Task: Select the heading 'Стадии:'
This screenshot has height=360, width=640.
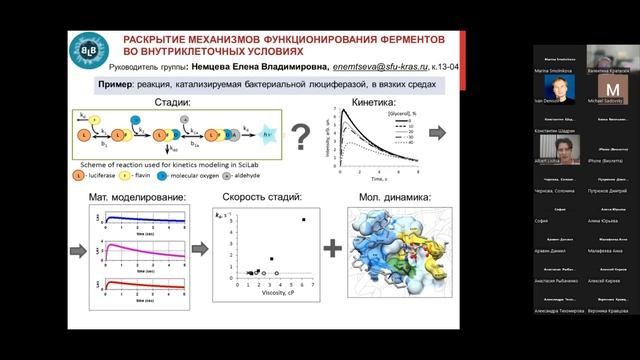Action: point(179,102)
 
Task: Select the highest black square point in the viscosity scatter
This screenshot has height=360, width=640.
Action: point(303,219)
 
